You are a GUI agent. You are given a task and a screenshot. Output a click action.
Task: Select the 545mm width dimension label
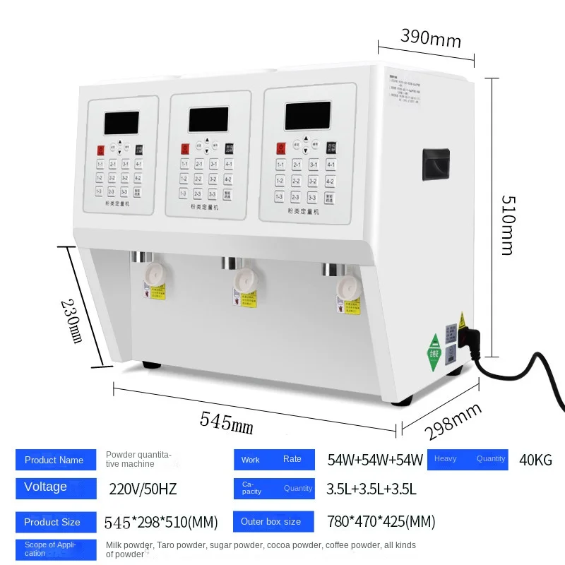226,422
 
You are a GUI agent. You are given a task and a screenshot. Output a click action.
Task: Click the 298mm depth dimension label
453,421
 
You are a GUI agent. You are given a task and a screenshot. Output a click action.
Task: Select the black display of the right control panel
307,115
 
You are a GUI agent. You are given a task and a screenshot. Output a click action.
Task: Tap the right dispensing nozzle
346,285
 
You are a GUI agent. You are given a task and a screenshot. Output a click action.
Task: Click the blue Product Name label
55,460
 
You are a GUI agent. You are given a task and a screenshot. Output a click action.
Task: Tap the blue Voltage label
55,488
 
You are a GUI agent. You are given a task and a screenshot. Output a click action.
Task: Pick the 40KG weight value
535,460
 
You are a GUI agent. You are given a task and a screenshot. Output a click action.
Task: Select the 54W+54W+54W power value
375,460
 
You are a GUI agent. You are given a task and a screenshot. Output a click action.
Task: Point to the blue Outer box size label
274,522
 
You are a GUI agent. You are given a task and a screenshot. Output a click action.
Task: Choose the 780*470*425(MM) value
381,522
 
